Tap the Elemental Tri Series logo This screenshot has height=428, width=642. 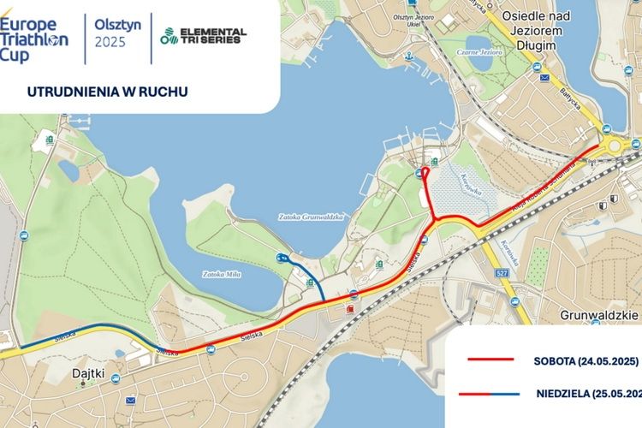pos(203,36)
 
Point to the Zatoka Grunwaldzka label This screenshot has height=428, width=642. pos(313,217)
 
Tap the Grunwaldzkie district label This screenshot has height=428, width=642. pos(600,314)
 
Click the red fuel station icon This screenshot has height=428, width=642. pos(348,307)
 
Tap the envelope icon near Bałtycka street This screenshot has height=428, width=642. pos(544,78)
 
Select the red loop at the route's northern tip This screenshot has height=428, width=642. pos(425,170)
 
